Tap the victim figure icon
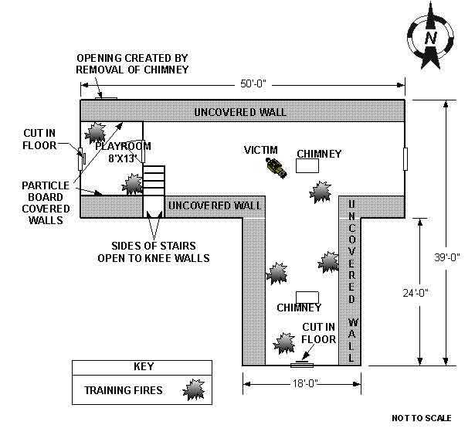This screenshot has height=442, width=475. pyautogui.click(x=274, y=166)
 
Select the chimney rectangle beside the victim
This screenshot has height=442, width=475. pyautogui.click(x=308, y=165)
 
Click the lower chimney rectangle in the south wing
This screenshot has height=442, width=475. pyautogui.click(x=308, y=297)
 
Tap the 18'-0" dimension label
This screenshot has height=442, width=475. pyautogui.click(x=301, y=382)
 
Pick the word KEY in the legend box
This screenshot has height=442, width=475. pyautogui.click(x=144, y=367)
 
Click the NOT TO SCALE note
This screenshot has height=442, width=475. pyautogui.click(x=421, y=418)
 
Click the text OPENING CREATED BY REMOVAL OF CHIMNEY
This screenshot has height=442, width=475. pyautogui.click(x=132, y=64)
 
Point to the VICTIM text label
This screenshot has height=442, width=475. pyautogui.click(x=260, y=149)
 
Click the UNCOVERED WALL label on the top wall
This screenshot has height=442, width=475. pyautogui.click(x=240, y=112)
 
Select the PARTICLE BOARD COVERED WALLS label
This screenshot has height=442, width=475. pyautogui.click(x=44, y=203)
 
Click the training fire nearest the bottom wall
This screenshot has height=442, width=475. pyautogui.click(x=285, y=341)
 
